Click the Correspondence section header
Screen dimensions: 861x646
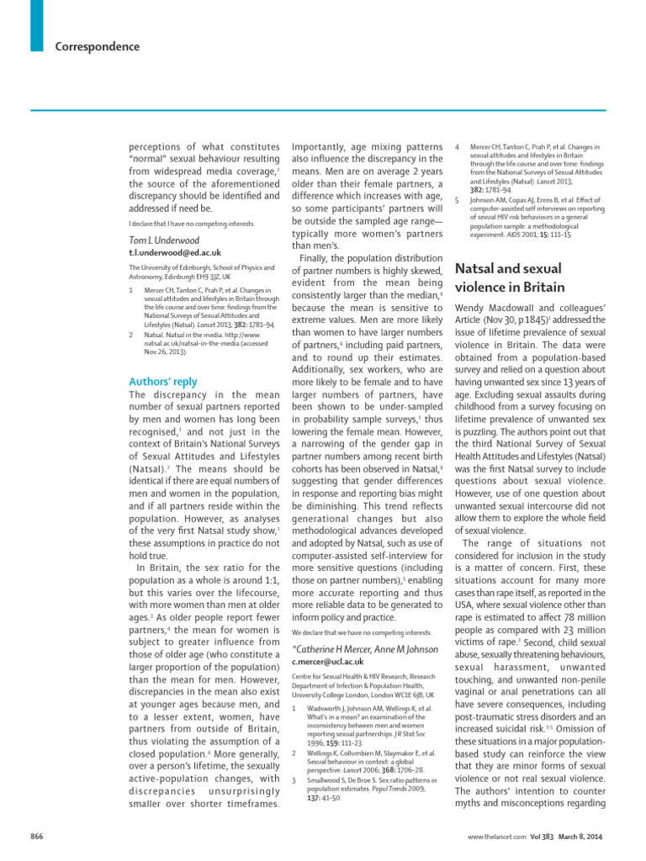click(x=98, y=47)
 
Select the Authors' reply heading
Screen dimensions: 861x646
click(x=162, y=381)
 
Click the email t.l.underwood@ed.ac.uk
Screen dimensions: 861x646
click(x=174, y=252)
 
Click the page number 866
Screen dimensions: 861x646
click(x=37, y=837)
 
